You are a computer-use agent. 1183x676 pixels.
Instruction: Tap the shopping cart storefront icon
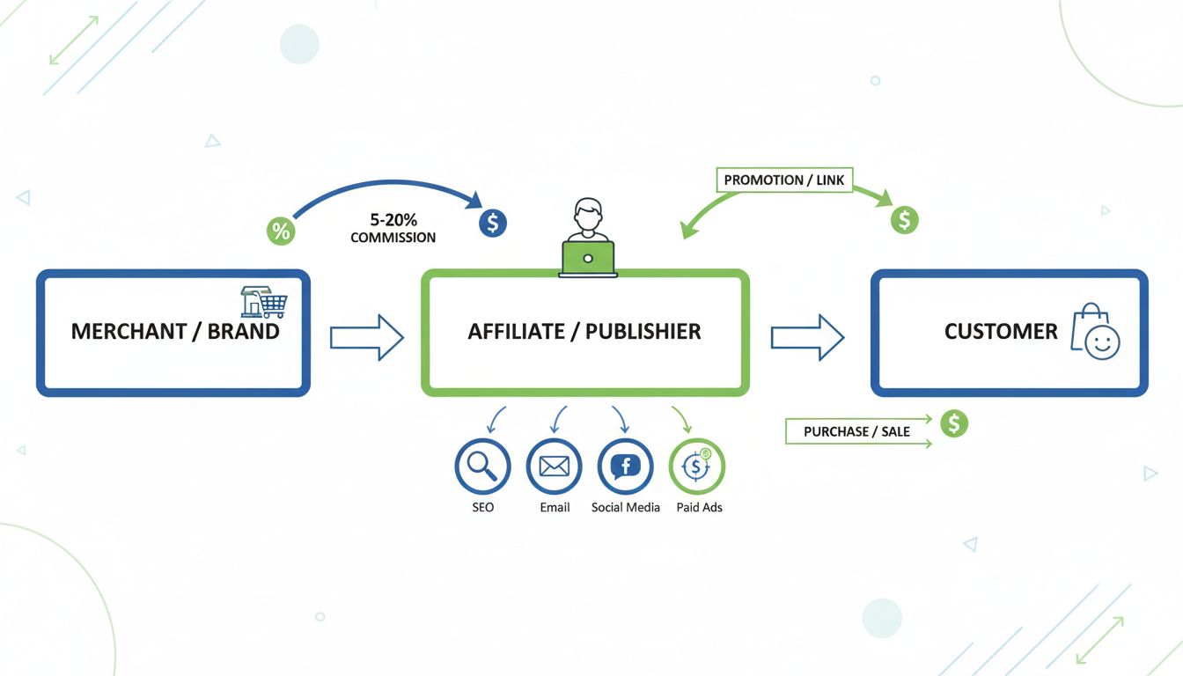click(x=264, y=302)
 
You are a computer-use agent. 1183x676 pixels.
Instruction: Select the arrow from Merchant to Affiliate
click(x=366, y=337)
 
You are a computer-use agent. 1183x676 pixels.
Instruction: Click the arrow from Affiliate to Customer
click(x=807, y=337)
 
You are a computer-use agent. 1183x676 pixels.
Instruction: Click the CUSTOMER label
click(x=1001, y=332)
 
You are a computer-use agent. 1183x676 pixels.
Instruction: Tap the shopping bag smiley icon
click(x=1095, y=333)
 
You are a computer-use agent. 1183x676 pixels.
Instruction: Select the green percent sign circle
click(x=281, y=231)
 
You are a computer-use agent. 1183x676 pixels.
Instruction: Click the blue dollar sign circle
click(x=493, y=223)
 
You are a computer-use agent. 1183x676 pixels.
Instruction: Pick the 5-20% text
click(x=393, y=219)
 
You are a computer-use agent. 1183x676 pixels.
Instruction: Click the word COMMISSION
click(x=393, y=238)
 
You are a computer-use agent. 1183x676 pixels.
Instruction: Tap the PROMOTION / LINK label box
click(x=783, y=180)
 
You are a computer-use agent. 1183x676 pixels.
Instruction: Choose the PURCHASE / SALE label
click(x=856, y=432)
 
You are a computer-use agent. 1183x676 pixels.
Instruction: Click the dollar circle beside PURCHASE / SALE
click(x=953, y=424)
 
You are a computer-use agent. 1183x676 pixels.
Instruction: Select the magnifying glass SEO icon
click(x=482, y=466)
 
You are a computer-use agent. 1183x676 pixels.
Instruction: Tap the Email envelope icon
click(x=554, y=466)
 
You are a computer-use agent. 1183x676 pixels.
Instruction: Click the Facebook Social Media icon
click(x=625, y=466)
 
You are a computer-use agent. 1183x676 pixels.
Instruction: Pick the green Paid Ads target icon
click(x=696, y=466)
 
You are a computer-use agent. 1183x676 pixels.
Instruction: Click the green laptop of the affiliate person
click(x=588, y=258)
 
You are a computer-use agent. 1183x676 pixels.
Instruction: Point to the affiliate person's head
click(x=587, y=213)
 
